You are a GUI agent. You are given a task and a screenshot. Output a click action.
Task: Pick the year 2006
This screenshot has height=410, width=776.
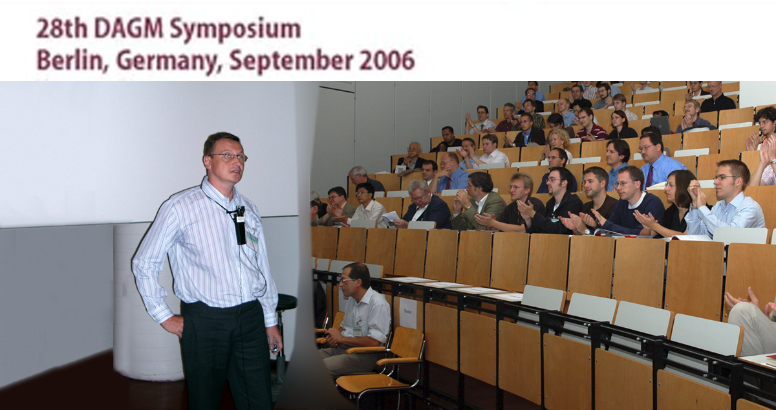click(x=387, y=60)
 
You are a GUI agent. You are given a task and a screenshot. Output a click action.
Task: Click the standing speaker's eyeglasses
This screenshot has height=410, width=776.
click(x=228, y=156)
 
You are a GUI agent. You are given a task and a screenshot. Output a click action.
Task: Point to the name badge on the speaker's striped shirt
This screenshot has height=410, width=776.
click(x=252, y=241)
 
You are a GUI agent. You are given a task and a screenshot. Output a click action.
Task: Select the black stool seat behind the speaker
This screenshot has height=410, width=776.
click(x=285, y=301)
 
